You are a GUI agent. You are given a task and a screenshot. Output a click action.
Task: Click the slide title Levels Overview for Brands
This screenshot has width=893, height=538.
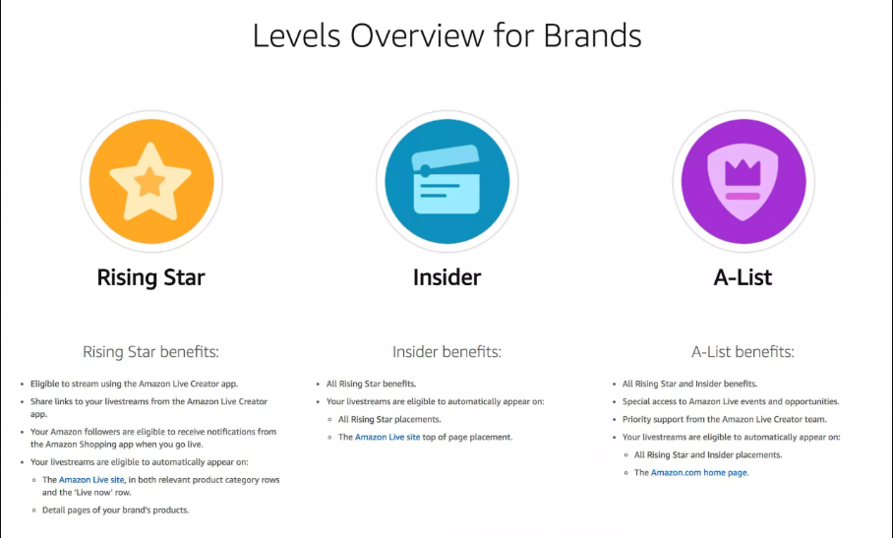446,35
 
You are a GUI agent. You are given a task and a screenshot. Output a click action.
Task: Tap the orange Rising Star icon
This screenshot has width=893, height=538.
150,181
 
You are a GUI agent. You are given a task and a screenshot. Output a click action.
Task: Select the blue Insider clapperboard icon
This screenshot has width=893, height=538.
446,181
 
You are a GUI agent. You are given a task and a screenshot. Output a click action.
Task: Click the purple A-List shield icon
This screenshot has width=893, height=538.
743,181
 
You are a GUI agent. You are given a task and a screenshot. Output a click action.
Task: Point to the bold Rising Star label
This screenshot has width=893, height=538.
150,277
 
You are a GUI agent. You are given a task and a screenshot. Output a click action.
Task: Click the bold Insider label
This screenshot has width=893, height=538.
446,277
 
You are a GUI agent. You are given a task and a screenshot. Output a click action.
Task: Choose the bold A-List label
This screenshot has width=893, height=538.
743,277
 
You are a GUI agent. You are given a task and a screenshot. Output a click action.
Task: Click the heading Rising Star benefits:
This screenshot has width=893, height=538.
150,351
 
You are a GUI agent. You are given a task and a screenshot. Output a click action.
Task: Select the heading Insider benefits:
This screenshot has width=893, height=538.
446,351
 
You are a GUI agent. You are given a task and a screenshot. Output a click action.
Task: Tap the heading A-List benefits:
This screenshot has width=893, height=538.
743,351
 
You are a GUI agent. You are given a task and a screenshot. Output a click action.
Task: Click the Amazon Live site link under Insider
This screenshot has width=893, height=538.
387,437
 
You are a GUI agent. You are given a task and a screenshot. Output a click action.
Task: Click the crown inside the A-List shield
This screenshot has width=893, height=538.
743,174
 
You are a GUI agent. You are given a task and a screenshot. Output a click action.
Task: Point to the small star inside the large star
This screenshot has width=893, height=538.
150,182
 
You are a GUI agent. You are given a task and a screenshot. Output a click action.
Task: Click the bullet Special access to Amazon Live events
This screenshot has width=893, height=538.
731,401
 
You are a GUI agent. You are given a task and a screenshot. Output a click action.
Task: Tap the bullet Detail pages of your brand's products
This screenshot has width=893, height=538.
115,509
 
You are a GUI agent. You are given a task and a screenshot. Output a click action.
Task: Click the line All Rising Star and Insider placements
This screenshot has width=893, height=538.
708,454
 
